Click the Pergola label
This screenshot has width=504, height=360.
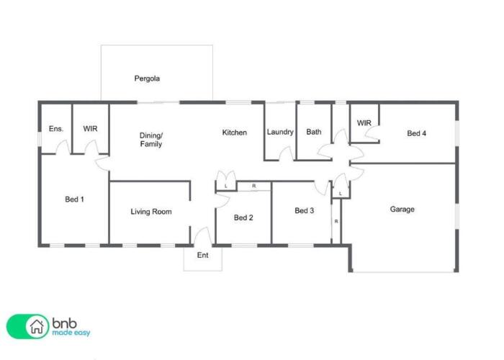pyautogui.click(x=147, y=78)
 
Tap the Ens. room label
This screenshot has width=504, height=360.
pyautogui.click(x=56, y=129)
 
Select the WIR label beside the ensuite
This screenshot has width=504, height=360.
pyautogui.click(x=90, y=129)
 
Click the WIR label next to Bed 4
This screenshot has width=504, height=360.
pyautogui.click(x=364, y=123)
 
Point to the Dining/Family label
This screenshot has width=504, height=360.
pyautogui.click(x=150, y=140)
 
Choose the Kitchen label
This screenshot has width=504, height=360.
pyautogui.click(x=235, y=132)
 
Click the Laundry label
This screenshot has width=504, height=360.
pyautogui.click(x=280, y=132)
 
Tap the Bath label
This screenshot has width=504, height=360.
pyautogui.click(x=314, y=132)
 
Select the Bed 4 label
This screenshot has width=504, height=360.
pyautogui.click(x=417, y=133)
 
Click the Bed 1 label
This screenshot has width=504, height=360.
pyautogui.click(x=75, y=199)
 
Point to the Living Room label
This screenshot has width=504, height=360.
pyautogui.click(x=151, y=212)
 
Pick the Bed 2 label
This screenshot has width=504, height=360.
pyautogui.click(x=243, y=217)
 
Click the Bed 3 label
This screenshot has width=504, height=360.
pyautogui.click(x=305, y=210)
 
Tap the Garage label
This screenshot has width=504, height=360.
pyautogui.click(x=402, y=210)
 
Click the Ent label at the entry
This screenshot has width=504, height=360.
pyautogui.click(x=203, y=255)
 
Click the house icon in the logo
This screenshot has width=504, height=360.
pyautogui.click(x=37, y=327)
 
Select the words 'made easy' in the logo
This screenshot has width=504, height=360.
pyautogui.click(x=71, y=333)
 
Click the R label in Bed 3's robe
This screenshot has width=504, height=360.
pyautogui.click(x=336, y=222)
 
